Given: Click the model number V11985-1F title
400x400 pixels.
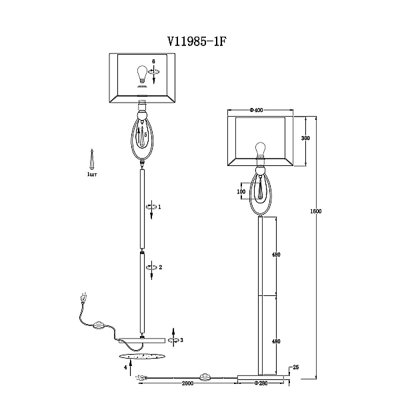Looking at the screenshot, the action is point(197,41).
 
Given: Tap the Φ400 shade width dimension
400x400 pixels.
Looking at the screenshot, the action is point(256,110).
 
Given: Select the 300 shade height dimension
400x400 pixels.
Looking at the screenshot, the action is point(305,138).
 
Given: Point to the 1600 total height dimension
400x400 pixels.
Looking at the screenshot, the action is point(316,211).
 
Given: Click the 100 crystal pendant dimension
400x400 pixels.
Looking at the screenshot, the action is point(241,191).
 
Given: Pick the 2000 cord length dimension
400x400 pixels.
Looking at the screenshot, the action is point(187,383).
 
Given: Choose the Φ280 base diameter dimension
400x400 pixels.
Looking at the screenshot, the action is point(261,383).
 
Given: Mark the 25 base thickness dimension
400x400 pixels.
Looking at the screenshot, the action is point(295,367).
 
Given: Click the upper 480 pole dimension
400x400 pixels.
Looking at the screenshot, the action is point(276,255).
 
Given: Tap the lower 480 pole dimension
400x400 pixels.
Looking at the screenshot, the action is point(276,341).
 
